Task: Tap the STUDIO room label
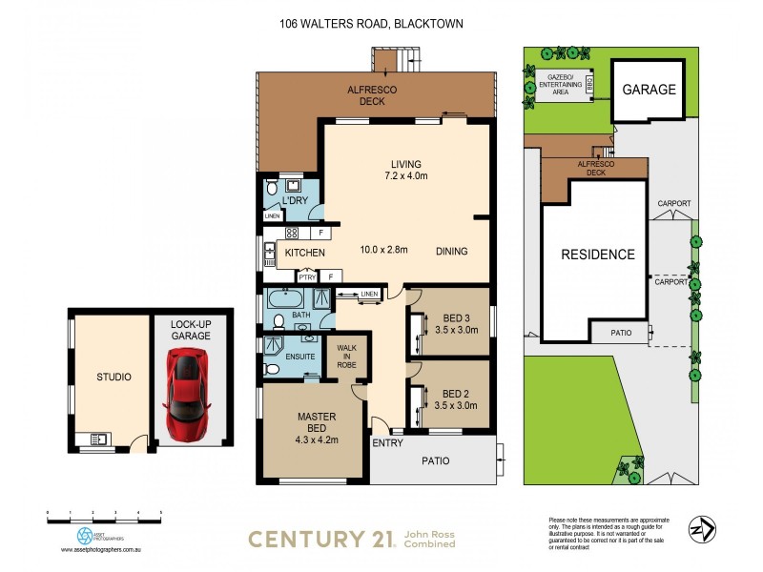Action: tap(113, 378)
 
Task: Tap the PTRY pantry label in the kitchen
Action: tap(306, 276)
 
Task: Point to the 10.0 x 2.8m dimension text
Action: tap(384, 251)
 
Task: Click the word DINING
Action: tap(452, 252)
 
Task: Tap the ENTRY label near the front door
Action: tap(386, 442)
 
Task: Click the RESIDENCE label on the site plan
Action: tap(597, 255)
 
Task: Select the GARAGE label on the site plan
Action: tap(649, 91)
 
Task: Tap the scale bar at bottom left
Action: tap(105, 517)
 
